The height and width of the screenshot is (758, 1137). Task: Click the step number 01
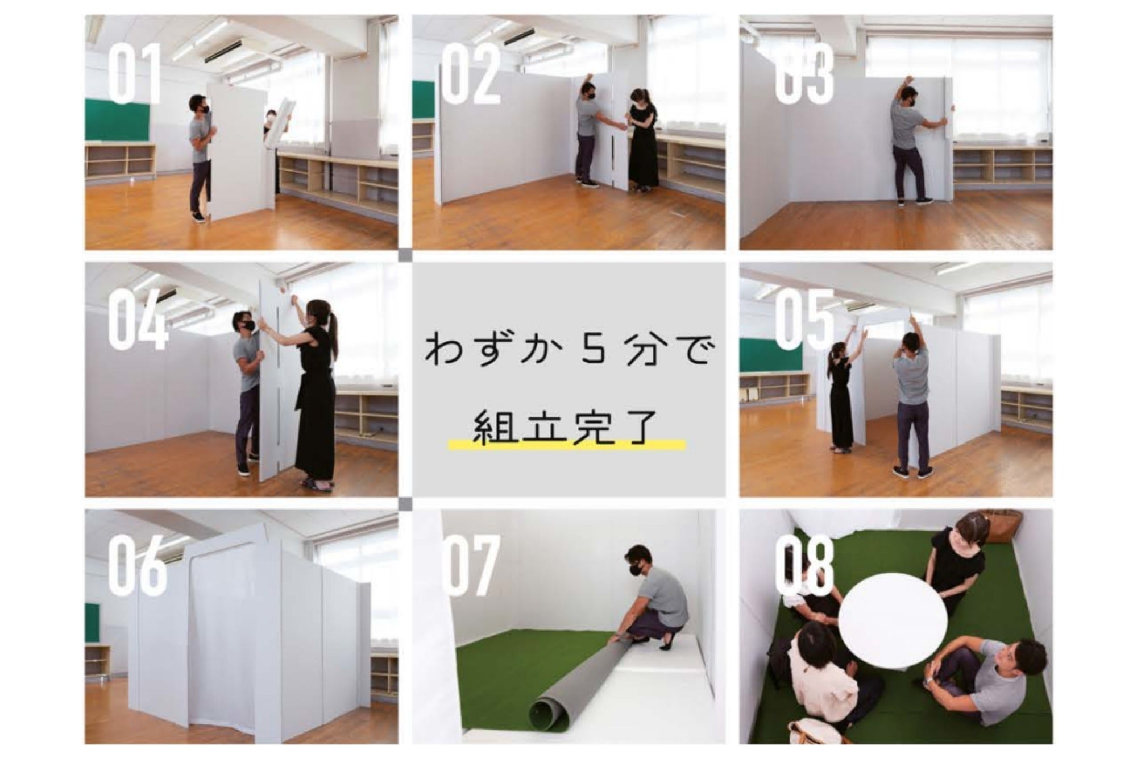(135, 76)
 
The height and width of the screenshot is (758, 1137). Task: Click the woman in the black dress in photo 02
(642, 139)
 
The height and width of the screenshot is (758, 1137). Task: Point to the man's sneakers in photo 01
(197, 217)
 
